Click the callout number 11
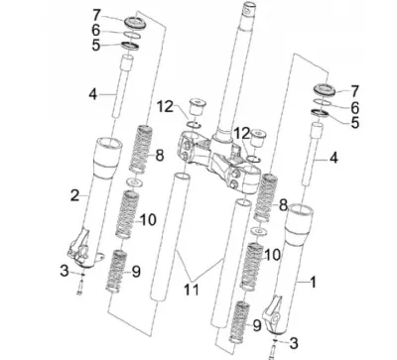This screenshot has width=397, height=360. (192, 290)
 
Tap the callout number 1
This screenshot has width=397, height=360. (313, 282)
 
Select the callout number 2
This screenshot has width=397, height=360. (75, 195)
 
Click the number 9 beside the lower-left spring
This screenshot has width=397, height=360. (136, 272)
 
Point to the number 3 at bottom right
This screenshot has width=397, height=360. (294, 343)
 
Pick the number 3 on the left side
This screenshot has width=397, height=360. (65, 271)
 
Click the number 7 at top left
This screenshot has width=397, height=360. (96, 15)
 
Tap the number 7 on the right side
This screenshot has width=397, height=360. (354, 91)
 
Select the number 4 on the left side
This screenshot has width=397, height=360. (93, 95)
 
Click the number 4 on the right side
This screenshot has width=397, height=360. (333, 158)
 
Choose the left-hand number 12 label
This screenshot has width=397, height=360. (165, 107)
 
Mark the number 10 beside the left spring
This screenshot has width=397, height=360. (148, 220)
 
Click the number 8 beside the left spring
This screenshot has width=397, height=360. (160, 156)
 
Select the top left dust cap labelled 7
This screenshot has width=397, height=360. (134, 22)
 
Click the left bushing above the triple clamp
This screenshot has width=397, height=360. (197, 106)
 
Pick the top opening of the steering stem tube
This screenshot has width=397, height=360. (249, 6)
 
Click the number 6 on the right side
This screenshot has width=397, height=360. (354, 107)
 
